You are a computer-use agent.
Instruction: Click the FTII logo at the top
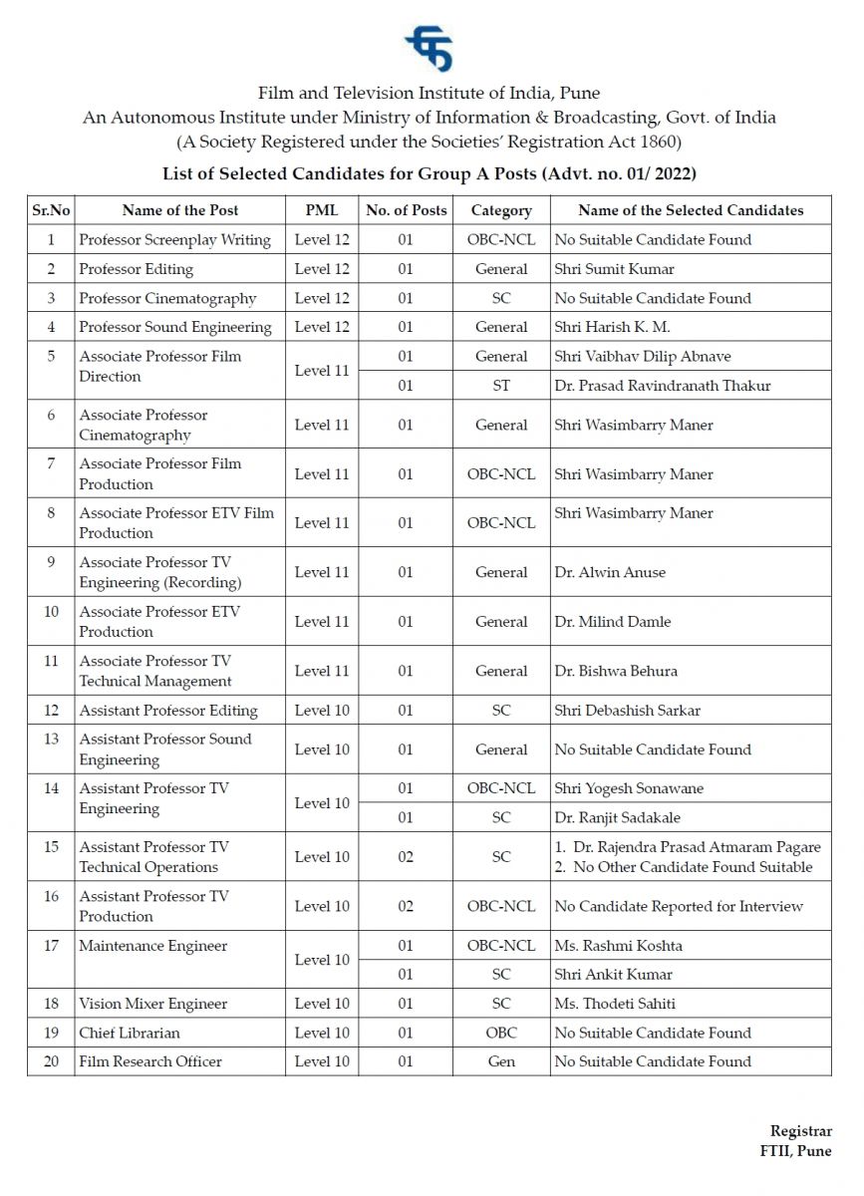point(429,49)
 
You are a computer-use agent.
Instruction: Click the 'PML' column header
point(322,210)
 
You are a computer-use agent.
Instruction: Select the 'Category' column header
point(501,210)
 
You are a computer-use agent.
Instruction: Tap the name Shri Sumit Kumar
point(614,269)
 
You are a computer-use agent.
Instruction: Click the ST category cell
point(501,386)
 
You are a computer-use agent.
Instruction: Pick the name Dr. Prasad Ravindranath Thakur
point(662,386)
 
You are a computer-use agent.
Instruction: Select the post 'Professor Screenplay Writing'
point(174,240)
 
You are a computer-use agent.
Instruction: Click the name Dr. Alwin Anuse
point(610,572)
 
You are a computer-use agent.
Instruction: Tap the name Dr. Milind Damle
point(612,622)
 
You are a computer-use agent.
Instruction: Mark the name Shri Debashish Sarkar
point(627,711)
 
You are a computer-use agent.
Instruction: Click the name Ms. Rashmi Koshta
point(618,945)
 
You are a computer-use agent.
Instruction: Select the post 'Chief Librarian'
point(130,1033)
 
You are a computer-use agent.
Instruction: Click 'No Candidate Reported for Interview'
point(678,906)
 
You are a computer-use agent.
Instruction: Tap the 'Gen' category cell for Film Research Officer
point(501,1061)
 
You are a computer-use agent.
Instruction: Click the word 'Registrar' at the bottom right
point(800,1131)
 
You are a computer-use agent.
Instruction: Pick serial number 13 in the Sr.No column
point(51,740)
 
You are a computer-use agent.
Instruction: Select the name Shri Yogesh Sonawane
point(628,788)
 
